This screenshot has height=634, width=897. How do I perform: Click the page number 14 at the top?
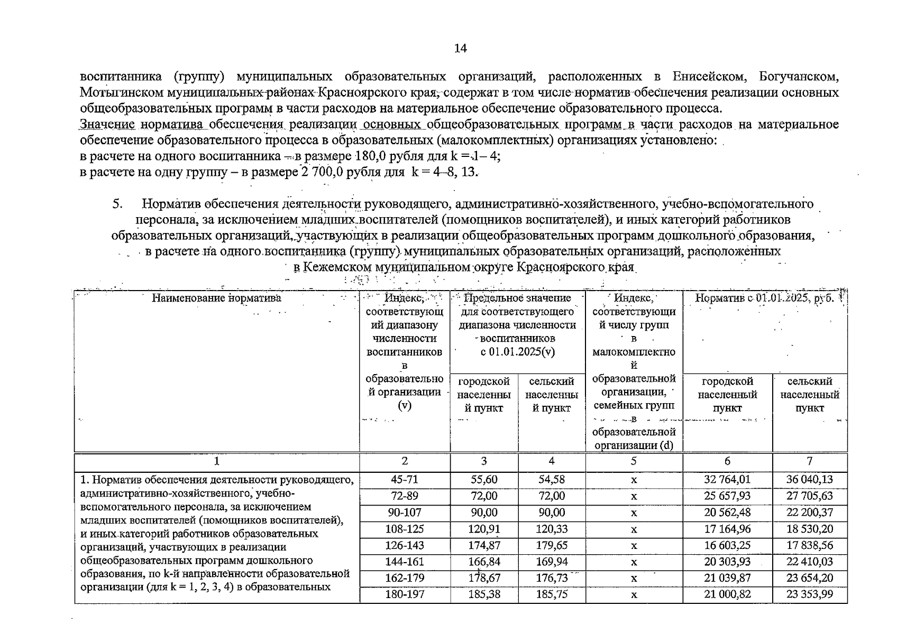point(460,49)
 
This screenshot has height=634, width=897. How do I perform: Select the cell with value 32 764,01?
point(727,480)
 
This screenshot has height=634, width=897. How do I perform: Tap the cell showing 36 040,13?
point(809,480)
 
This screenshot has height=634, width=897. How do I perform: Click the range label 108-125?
point(404,529)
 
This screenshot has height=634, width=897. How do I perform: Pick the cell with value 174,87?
point(484,545)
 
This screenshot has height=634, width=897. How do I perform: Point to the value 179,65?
point(551,545)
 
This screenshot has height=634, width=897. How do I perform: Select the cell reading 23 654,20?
point(809,578)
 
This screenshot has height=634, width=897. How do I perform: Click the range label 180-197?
point(404,594)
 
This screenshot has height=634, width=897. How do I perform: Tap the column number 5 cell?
point(634,461)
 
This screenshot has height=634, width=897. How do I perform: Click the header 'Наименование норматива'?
point(216,298)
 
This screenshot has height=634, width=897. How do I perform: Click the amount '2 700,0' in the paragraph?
point(320,172)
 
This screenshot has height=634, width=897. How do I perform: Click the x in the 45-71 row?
point(634,480)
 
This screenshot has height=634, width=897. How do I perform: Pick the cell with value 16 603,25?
point(727,545)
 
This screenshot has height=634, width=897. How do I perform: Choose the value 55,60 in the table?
point(484,480)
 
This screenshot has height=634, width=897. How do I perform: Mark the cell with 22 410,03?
point(809,562)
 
